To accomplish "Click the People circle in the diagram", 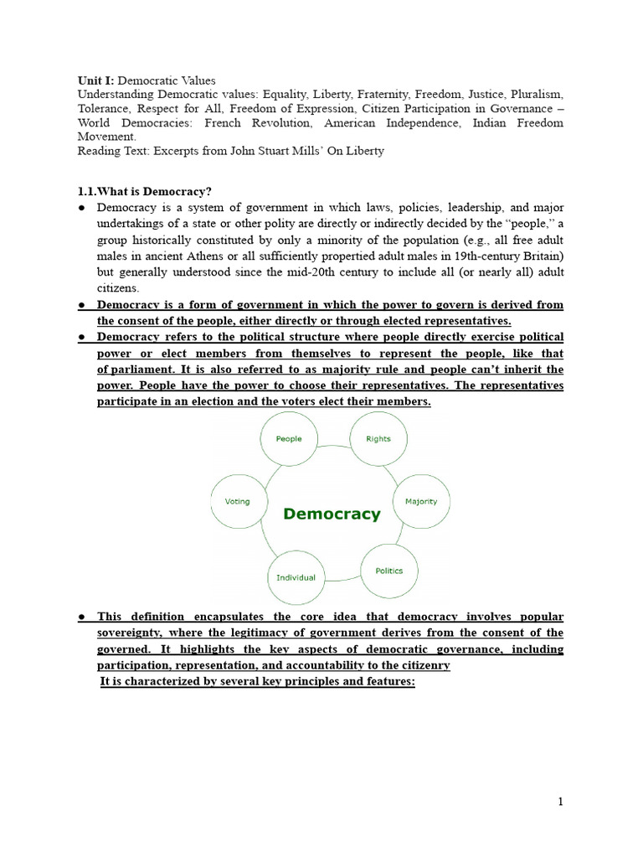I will click(288, 439).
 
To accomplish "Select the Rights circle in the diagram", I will click(378, 439).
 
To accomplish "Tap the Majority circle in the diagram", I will click(421, 501).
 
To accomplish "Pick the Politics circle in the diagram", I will click(388, 571).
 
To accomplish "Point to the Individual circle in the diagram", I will click(296, 577).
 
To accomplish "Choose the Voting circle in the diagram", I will click(238, 501).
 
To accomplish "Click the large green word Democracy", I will click(332, 514).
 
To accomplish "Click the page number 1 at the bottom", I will click(561, 802).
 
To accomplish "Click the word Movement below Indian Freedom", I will click(105, 136).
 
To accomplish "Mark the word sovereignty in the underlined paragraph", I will click(133, 633).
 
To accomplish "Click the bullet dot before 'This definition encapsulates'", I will click(82, 617).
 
